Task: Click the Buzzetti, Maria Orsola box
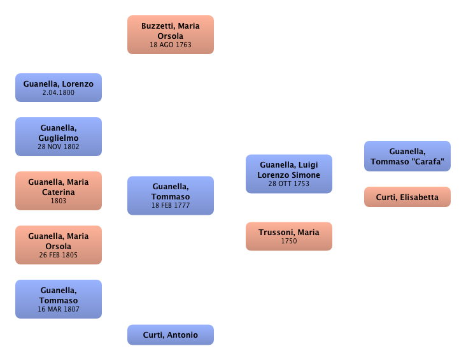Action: tap(171, 35)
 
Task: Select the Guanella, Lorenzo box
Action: tap(58, 87)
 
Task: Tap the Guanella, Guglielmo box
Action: tap(58, 136)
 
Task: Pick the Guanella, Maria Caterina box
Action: tap(58, 191)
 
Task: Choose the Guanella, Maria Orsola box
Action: tap(58, 245)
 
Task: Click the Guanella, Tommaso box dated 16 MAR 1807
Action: tap(58, 299)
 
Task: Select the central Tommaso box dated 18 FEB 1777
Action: tap(171, 195)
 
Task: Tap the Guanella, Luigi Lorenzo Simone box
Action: tap(289, 173)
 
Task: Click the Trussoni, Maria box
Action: tap(289, 236)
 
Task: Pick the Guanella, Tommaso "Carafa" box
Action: tap(407, 156)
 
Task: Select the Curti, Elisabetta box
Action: tap(407, 197)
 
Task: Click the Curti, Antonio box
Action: tap(171, 335)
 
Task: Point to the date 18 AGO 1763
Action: tap(171, 45)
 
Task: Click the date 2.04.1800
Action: tap(59, 92)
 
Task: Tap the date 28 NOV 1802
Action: tap(59, 147)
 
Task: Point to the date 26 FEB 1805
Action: tap(59, 255)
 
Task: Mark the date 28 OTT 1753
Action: tap(289, 184)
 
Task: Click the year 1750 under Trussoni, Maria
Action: tap(289, 241)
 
